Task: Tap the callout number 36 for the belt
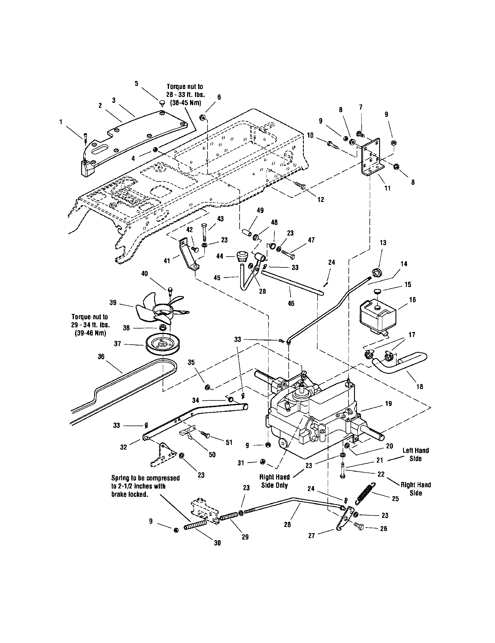click(101, 357)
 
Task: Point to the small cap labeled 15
click(377, 291)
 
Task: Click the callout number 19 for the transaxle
click(388, 404)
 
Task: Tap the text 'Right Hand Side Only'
click(274, 481)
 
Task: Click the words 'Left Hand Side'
click(415, 454)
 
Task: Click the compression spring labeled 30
click(195, 525)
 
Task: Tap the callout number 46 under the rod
click(291, 304)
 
